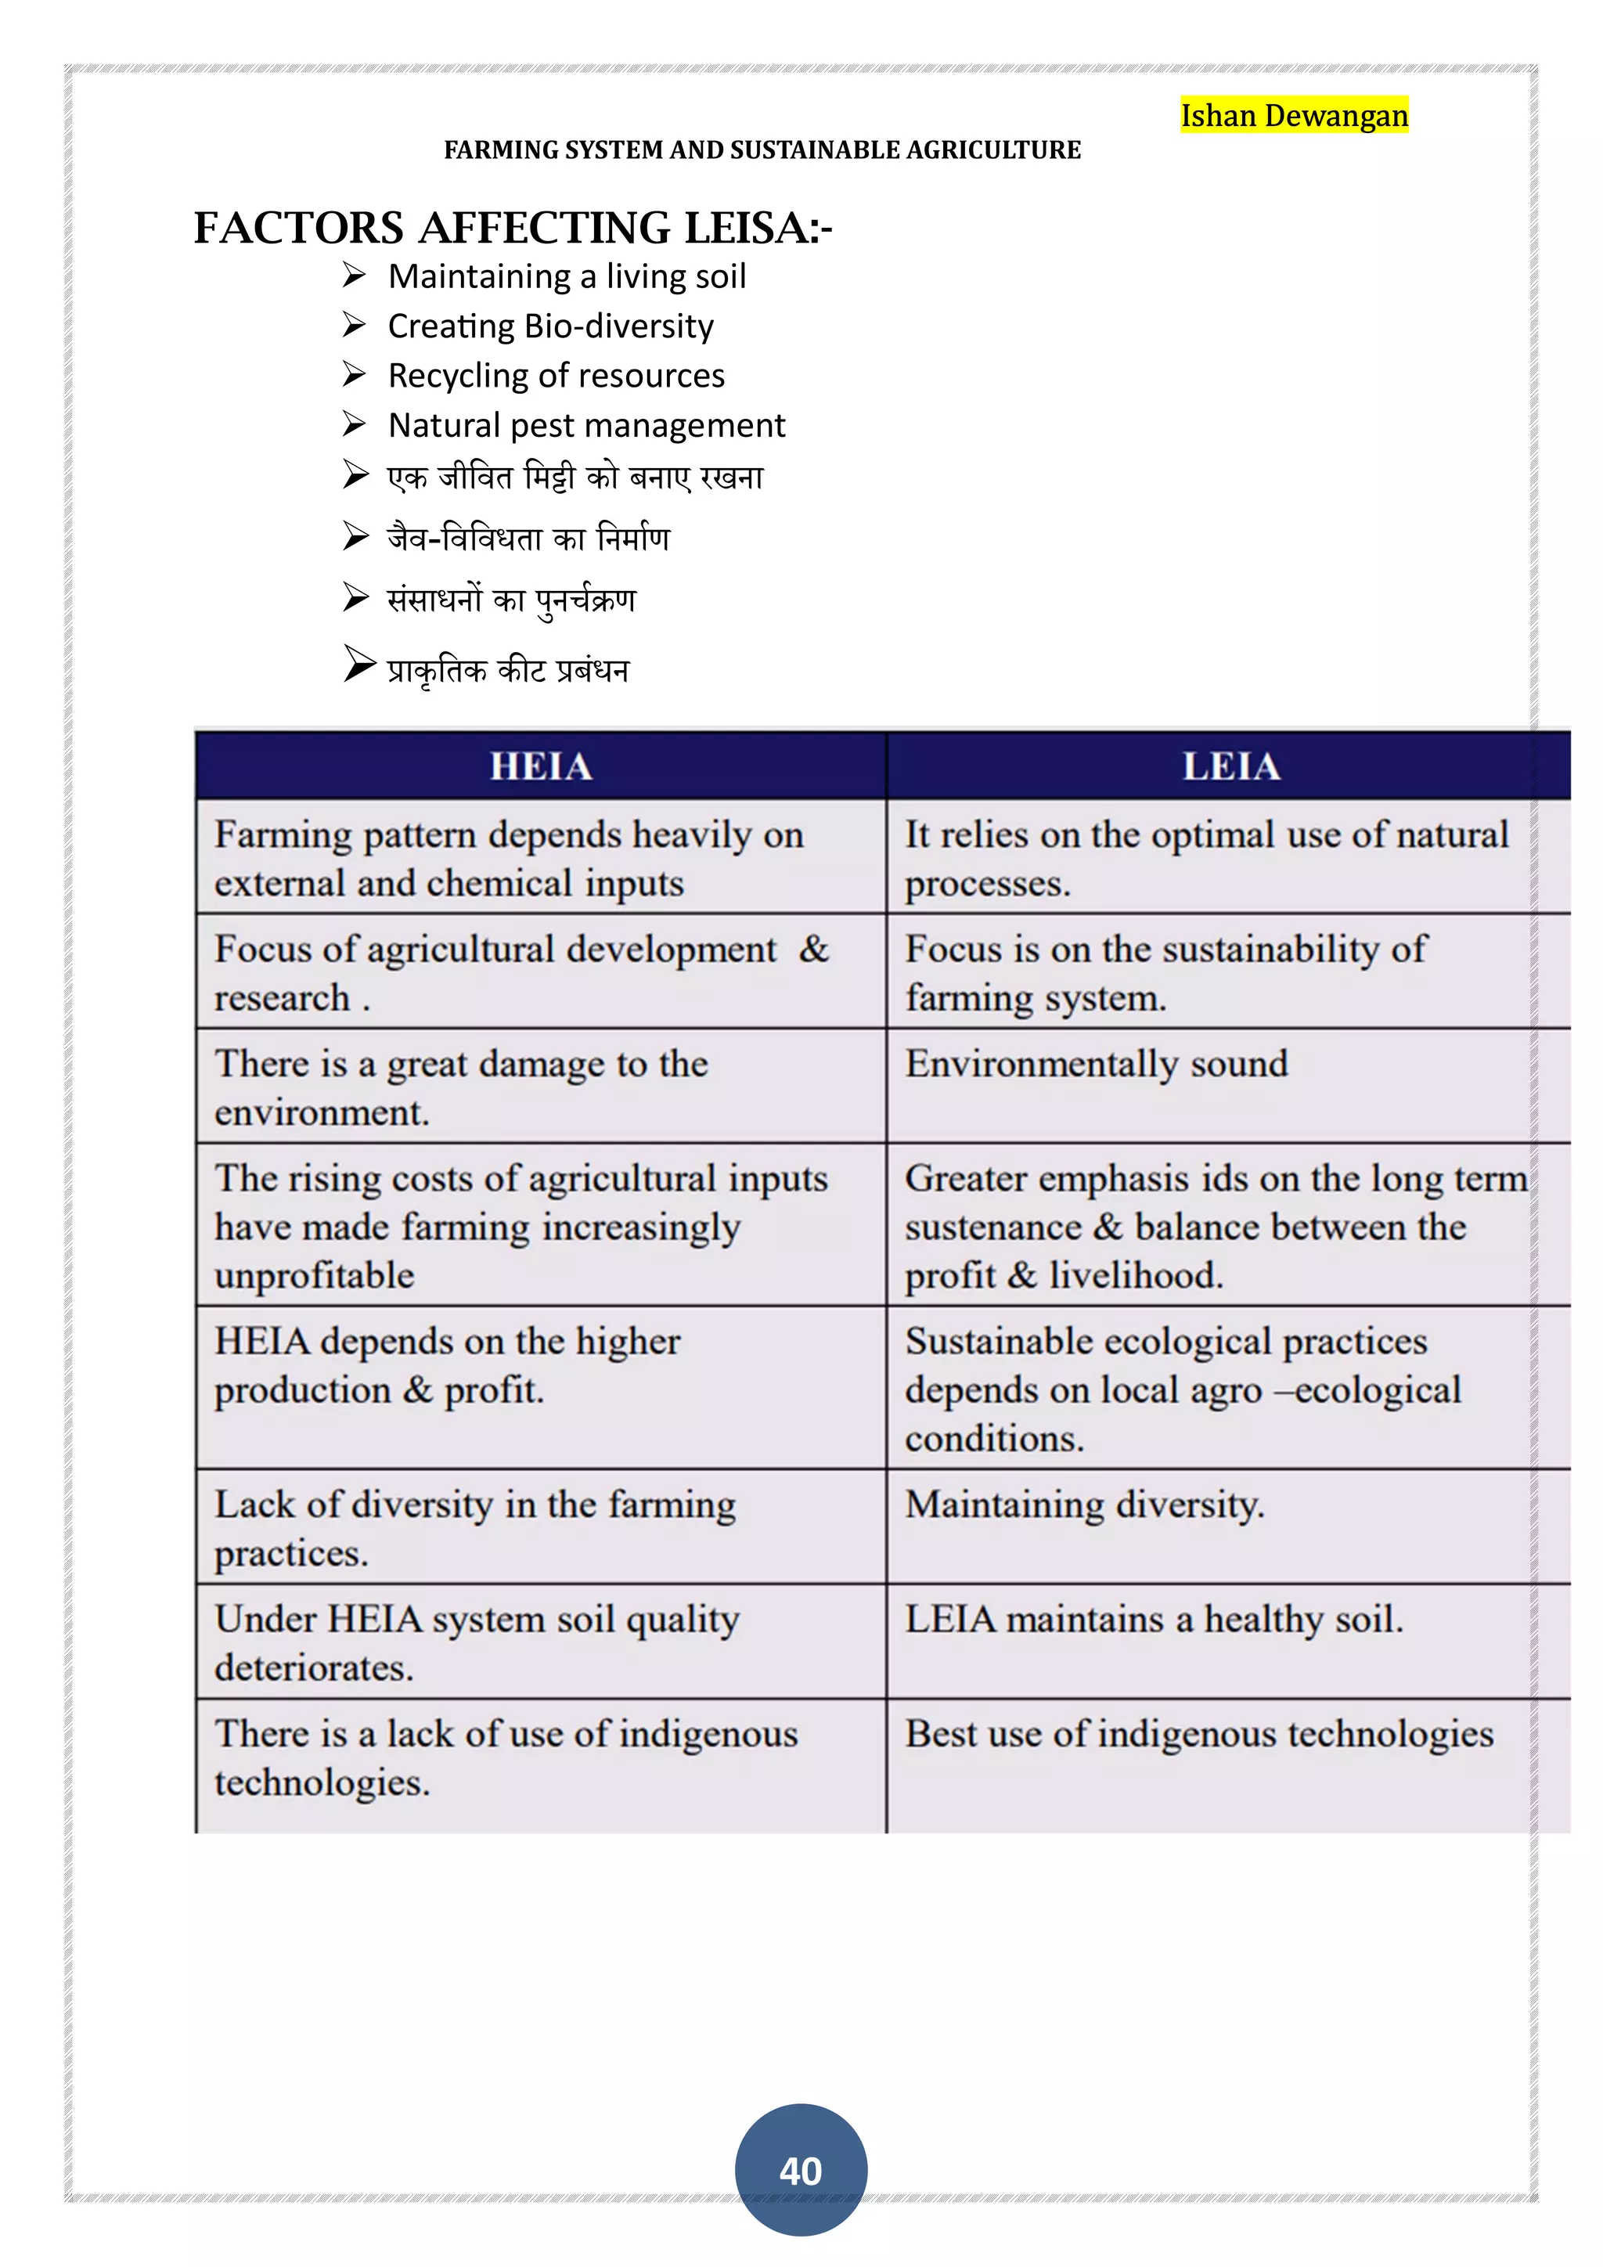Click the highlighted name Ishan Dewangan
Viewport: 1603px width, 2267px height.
1293,116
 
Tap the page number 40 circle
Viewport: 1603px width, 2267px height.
801,2170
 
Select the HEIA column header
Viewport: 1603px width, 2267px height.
541,766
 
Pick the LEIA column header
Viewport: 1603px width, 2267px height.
1231,766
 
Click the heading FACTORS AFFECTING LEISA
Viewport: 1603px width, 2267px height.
513,228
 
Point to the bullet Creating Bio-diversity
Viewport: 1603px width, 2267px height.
549,326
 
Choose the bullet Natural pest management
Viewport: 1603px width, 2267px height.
586,426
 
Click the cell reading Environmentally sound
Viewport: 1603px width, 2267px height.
1096,1065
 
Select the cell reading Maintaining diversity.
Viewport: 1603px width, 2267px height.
1084,1505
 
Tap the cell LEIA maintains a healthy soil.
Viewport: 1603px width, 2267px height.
1153,1620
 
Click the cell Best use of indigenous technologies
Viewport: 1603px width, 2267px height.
1198,1734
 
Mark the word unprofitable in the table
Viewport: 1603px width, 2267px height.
314,1276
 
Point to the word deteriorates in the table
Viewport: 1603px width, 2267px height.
314,1667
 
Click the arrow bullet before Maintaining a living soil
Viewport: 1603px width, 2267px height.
355,276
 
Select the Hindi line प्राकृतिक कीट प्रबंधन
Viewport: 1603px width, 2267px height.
507,670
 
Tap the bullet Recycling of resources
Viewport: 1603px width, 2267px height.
556,377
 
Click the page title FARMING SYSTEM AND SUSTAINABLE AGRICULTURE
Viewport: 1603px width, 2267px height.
762,150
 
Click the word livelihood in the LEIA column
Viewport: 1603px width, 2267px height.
1135,1276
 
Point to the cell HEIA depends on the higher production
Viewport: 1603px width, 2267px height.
447,1365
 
